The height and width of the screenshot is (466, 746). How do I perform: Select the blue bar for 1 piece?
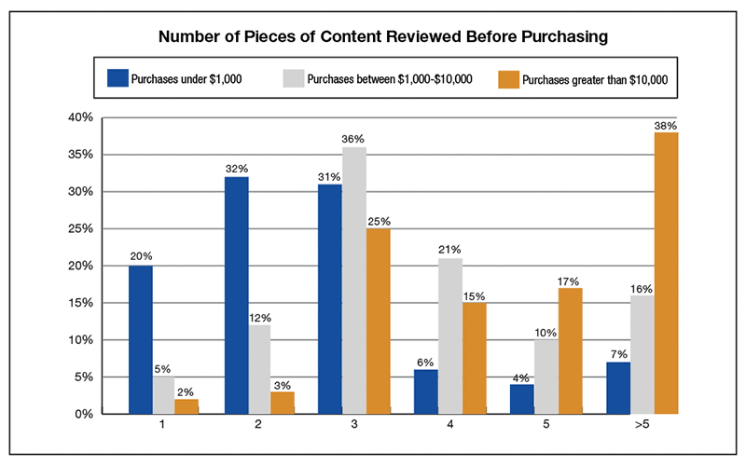140,339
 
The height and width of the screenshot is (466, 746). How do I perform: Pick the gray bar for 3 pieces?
354,281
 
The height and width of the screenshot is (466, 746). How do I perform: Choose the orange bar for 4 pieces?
473,358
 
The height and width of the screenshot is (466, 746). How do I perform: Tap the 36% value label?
354,140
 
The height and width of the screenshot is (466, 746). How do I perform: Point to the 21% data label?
451,251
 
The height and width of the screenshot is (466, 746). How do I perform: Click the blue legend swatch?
117,78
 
